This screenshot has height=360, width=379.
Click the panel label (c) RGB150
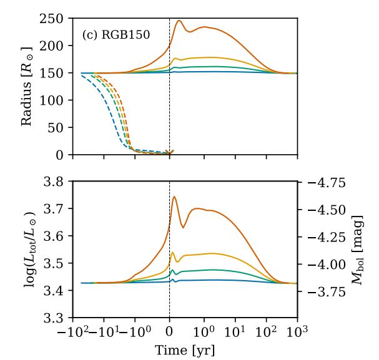[x=116, y=35]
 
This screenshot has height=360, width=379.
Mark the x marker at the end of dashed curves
[x=170, y=152]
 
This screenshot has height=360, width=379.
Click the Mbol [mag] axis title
[x=361, y=250]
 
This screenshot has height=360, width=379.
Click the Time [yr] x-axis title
[x=185, y=350]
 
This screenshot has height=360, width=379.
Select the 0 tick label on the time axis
[x=170, y=332]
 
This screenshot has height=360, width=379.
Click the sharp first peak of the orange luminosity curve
[x=174, y=197]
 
